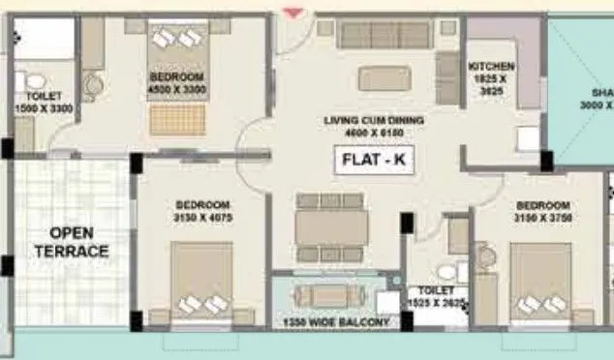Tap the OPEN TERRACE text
coord(78,242)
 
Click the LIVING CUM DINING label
coord(375,125)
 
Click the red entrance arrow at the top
coord(291,12)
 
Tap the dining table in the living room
coord(332,227)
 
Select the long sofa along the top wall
coord(384,36)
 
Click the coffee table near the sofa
coord(384,77)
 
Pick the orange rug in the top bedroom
coord(177,120)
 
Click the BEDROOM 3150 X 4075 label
coord(202,211)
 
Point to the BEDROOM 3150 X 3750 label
coord(542,212)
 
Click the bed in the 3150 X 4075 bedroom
coord(202,281)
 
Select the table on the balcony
coord(333,294)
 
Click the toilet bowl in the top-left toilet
coord(37,81)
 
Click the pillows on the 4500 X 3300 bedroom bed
coord(176,39)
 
